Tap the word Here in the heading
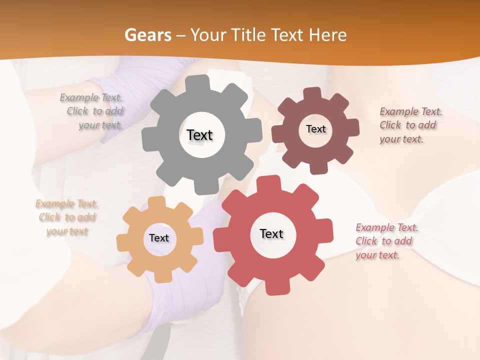pyautogui.click(x=327, y=35)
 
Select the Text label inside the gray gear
pyautogui.click(x=200, y=135)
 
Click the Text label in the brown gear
pyautogui.click(x=315, y=129)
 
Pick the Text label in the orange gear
pyautogui.click(x=159, y=238)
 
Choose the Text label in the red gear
pyautogui.click(x=271, y=233)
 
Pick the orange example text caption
pyautogui.click(x=67, y=217)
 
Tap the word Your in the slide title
pyautogui.click(x=206, y=35)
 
